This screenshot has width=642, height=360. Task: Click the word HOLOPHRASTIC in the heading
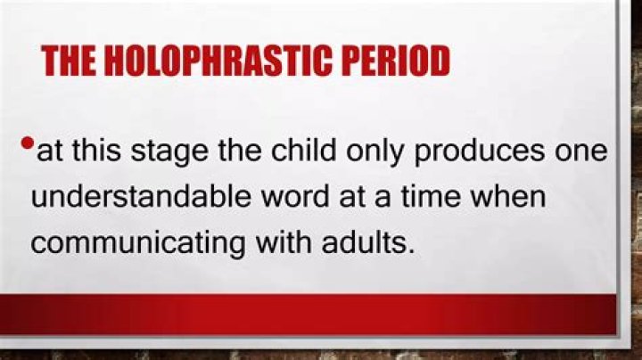226,61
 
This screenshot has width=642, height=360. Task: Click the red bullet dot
28,143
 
